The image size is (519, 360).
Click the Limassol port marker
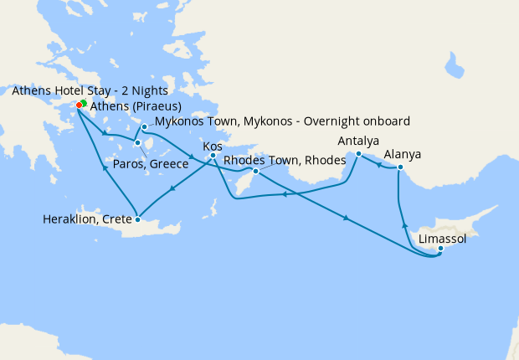tap(440, 248)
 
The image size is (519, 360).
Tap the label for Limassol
tap(442, 239)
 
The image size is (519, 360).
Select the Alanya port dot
tap(400, 167)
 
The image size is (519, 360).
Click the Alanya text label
tap(403, 155)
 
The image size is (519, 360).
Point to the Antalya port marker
tap(358, 154)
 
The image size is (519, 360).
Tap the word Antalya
tap(357, 141)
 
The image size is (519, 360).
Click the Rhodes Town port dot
tap(256, 172)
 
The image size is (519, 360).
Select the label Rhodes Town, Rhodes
tap(285, 160)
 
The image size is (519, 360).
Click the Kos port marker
tap(213, 156)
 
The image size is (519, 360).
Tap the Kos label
tap(212, 145)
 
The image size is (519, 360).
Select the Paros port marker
tap(138, 143)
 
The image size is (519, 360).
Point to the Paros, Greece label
tap(147, 163)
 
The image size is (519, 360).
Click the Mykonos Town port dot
tap(145, 127)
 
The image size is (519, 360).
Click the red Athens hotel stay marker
tap(79, 105)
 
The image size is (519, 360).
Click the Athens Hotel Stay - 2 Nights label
tap(90, 90)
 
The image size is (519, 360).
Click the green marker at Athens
tap(84, 103)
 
